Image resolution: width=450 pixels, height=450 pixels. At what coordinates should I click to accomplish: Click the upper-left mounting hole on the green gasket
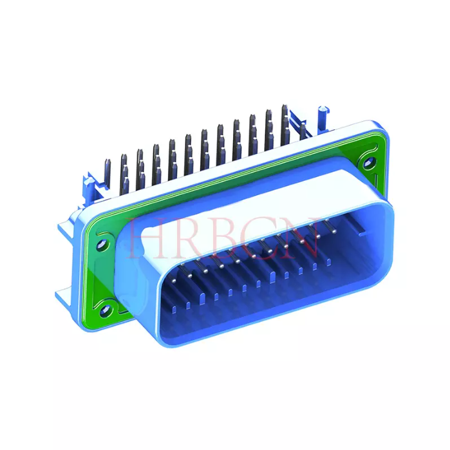[100, 244]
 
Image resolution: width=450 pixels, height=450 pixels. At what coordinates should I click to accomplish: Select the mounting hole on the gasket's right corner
[368, 162]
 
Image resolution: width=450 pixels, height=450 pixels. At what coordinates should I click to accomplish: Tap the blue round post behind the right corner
[320, 117]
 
